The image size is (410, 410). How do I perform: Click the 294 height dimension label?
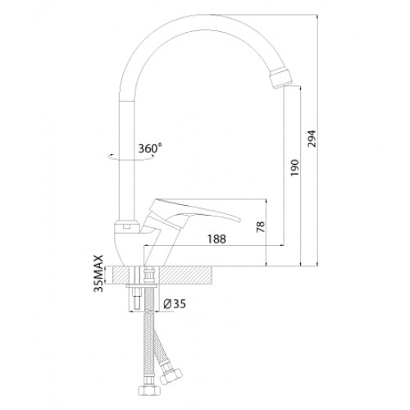click(312, 139)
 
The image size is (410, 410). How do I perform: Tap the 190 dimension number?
click(294, 167)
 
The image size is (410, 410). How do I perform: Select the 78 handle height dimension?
click(261, 226)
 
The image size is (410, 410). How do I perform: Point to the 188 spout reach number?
click(216, 239)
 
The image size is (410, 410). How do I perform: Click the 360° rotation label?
click(150, 148)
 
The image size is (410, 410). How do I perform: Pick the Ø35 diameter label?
click(175, 303)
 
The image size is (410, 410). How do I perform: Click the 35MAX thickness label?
click(98, 273)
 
